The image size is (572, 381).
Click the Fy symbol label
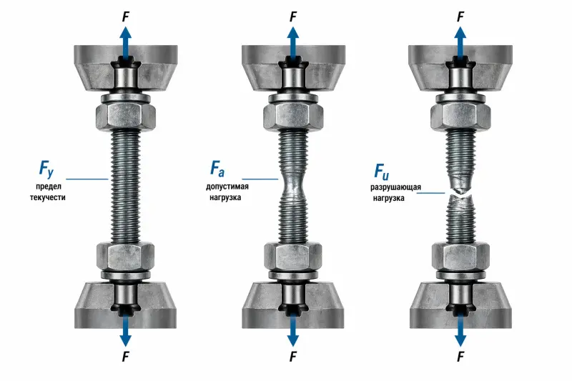coord(46,169)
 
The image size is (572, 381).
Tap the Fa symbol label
coord(217,168)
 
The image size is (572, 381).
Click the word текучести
coord(48,197)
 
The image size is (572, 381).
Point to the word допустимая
coord(227,187)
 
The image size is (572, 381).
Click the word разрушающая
coord(396,187)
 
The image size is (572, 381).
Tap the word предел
coord(49,187)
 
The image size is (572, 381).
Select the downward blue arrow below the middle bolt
coord(293,330)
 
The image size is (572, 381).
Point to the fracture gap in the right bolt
coord(460,194)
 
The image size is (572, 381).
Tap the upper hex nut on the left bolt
coord(126,117)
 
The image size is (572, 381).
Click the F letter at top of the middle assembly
coord(293,16)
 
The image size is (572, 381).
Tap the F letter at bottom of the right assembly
coord(460,357)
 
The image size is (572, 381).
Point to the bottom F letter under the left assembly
coord(126,357)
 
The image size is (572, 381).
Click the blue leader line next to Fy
coord(87,179)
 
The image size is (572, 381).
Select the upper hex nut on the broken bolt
coord(460,117)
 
